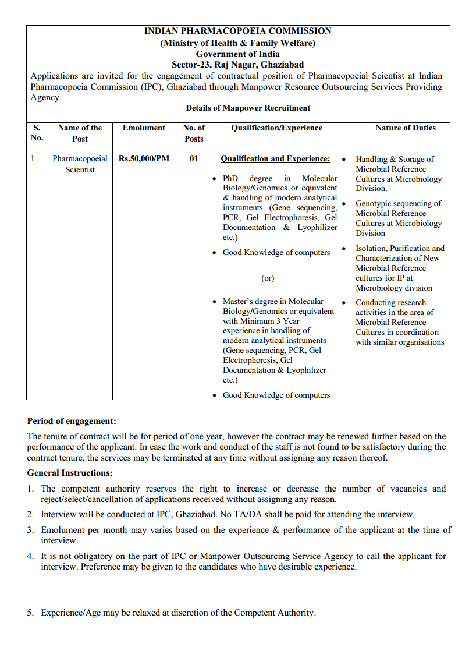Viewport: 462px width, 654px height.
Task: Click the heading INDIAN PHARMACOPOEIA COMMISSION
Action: (237, 31)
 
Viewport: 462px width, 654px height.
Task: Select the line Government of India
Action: (237, 54)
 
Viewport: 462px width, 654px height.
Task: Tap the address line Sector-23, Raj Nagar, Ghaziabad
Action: (237, 65)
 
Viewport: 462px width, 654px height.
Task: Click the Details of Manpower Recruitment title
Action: (248, 108)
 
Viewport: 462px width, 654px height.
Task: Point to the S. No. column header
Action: (37, 133)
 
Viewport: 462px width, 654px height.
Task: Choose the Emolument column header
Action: (144, 128)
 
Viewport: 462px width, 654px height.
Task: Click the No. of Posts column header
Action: (194, 133)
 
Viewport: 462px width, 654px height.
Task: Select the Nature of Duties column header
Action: (405, 128)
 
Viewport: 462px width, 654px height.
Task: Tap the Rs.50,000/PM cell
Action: (144, 158)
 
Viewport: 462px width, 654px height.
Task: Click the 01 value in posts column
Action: (194, 158)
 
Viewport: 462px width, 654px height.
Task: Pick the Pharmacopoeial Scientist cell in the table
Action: (80, 164)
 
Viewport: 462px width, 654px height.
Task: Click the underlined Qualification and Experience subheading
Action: (275, 158)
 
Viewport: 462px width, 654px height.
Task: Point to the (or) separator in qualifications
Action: (268, 278)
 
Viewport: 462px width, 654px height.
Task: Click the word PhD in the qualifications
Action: (230, 178)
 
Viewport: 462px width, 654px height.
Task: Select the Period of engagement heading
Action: (72, 421)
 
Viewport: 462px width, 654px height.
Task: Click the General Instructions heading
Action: (70, 473)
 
